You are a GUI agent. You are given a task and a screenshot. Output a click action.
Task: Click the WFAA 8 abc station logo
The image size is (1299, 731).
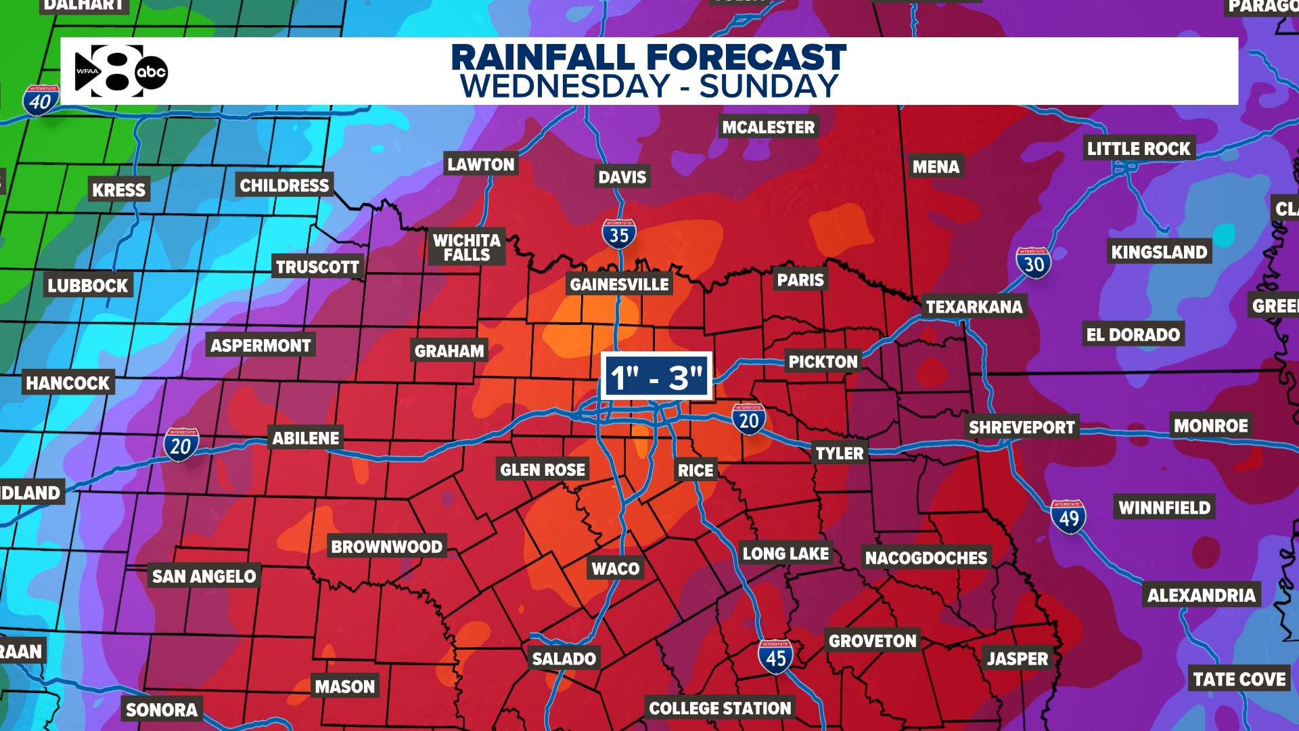[x=121, y=71]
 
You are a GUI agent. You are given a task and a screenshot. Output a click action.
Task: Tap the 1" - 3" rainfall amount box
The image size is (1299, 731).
[x=656, y=376]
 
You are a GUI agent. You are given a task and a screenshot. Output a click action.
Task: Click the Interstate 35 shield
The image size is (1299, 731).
[x=619, y=234]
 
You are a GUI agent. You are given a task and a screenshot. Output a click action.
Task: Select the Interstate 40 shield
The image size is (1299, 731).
[x=41, y=100]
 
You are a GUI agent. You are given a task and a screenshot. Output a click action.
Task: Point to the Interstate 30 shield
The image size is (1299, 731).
[x=1033, y=263]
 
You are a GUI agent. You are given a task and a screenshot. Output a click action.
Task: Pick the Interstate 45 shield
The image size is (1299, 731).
[x=775, y=657]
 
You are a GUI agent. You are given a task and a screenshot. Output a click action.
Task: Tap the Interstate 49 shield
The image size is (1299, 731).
[x=1068, y=517]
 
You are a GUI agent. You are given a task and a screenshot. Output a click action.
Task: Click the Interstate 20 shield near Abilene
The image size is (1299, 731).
[x=181, y=445]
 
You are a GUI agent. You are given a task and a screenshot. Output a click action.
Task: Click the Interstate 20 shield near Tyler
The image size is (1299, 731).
[x=749, y=420]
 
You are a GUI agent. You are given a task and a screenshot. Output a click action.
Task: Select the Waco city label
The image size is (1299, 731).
[x=616, y=569]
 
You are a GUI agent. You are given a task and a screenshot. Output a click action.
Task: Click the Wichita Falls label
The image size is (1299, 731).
[x=467, y=247]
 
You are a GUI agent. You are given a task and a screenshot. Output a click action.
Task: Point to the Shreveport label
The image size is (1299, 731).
[x=1022, y=428]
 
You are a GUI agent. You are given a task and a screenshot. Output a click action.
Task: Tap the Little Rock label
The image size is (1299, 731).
[x=1139, y=149]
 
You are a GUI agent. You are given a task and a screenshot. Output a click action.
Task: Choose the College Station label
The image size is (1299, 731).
[x=720, y=708]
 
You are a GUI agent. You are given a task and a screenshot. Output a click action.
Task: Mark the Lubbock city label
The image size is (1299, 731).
[x=88, y=286]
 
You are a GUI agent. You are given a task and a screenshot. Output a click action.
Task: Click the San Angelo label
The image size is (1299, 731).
[x=204, y=576]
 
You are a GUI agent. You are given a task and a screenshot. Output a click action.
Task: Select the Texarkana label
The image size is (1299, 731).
[x=974, y=307]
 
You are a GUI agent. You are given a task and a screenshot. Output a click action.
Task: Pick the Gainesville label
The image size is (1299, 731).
[x=619, y=284]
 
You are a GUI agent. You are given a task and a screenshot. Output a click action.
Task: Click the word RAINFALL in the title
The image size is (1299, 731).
[x=545, y=57]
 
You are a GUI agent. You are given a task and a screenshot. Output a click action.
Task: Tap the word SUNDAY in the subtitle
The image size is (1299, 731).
[x=769, y=87]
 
